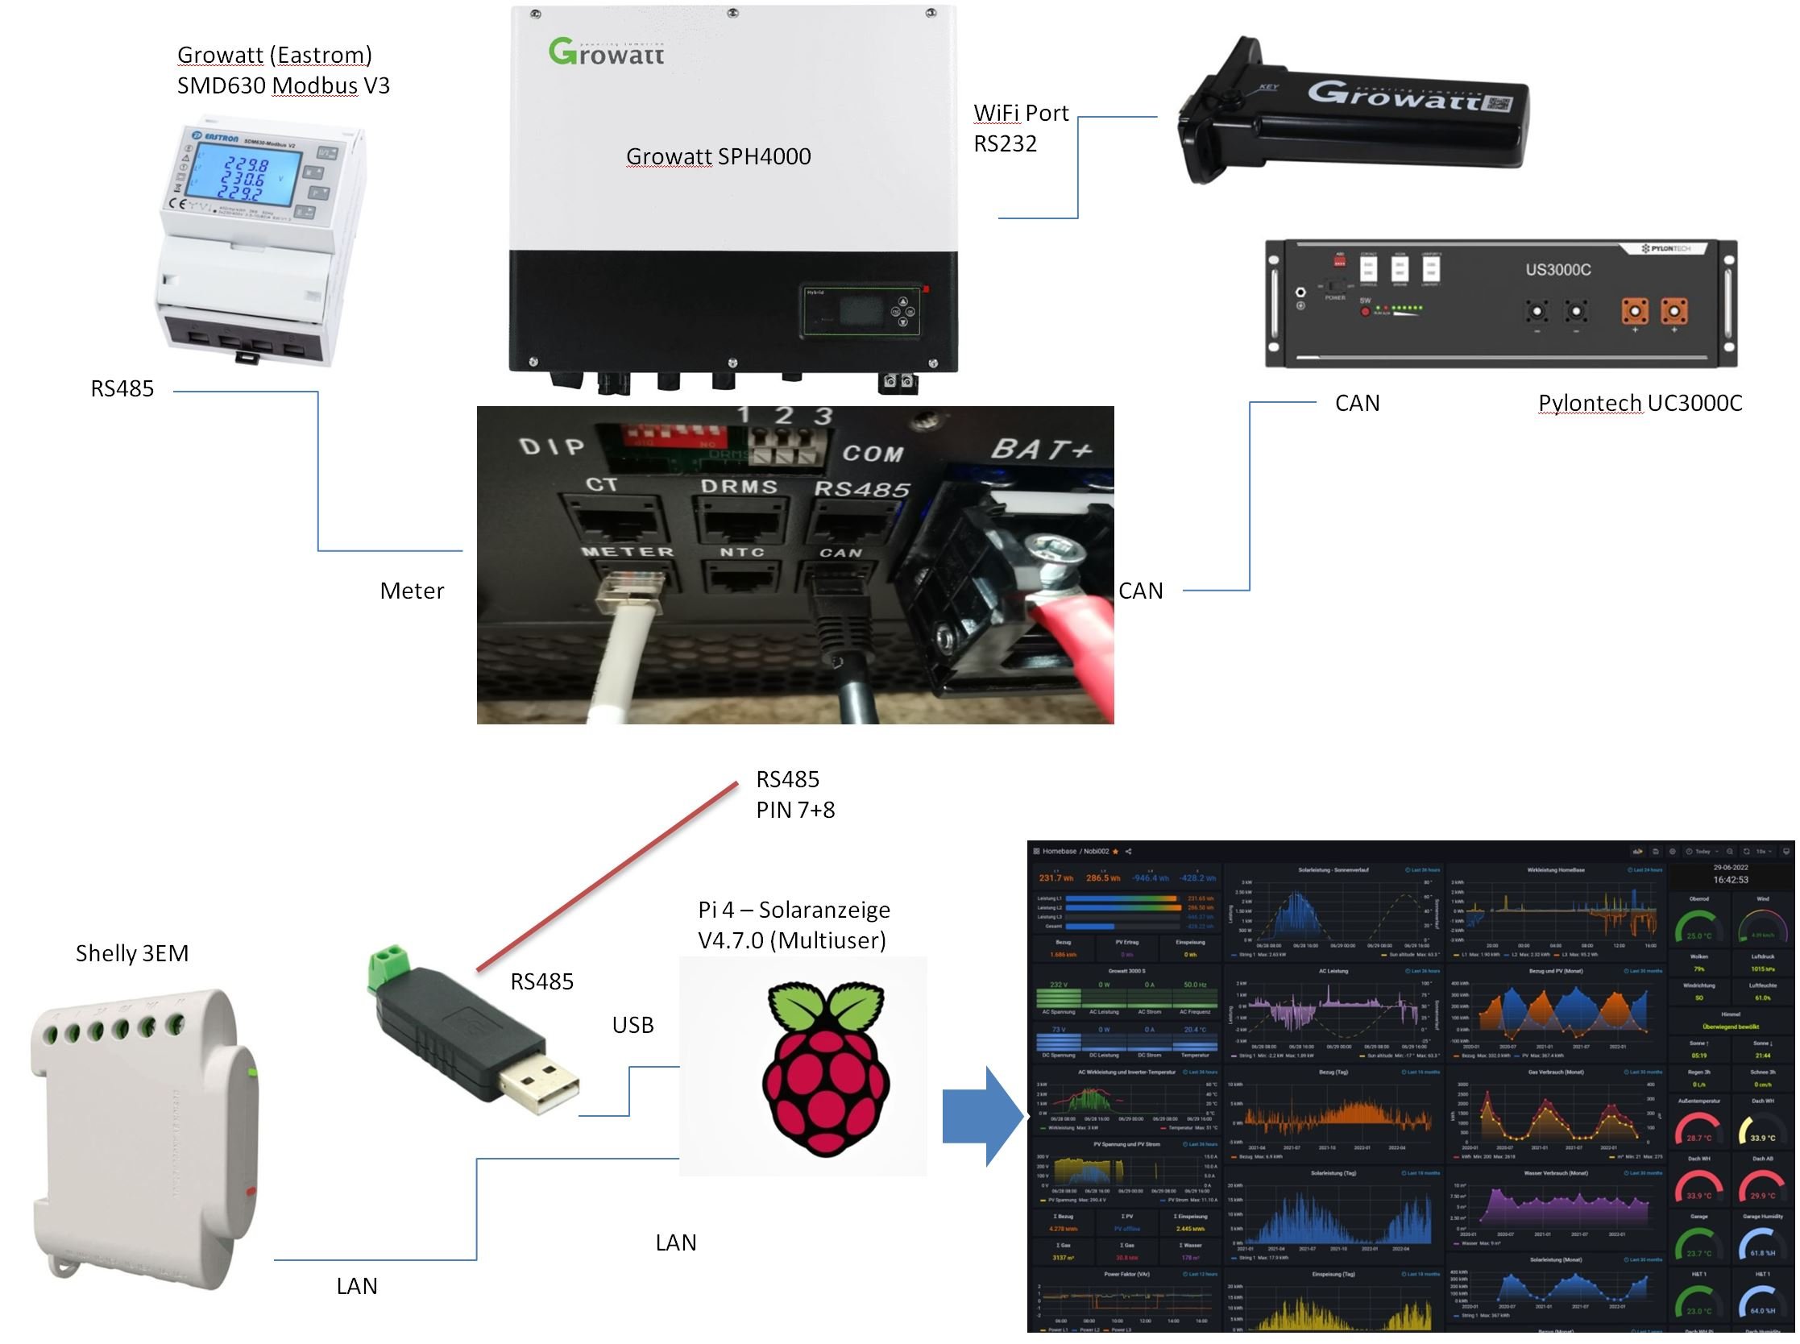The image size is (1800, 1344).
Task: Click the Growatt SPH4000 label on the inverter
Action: tap(717, 156)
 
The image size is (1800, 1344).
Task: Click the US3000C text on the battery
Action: tap(1557, 269)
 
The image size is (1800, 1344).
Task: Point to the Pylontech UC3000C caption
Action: tap(1639, 404)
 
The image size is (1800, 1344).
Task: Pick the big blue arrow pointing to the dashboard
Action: tap(981, 1116)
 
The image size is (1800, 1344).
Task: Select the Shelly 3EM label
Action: tap(132, 953)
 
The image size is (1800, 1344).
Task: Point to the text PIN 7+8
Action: tap(794, 811)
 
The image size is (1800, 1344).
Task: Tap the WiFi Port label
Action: tap(1020, 113)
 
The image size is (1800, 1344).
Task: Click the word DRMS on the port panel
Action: tap(739, 487)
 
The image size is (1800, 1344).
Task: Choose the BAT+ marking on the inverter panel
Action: tap(1040, 450)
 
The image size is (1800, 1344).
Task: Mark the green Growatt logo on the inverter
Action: tap(606, 52)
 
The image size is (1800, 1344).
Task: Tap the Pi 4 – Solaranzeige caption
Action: tap(793, 910)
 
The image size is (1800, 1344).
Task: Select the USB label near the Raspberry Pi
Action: tap(632, 1025)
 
